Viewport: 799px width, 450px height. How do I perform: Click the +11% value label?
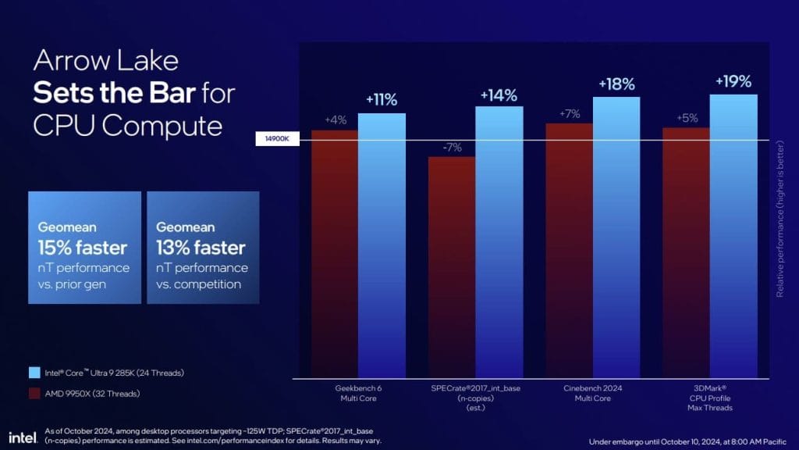tap(382, 100)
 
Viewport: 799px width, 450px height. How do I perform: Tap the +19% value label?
tap(733, 81)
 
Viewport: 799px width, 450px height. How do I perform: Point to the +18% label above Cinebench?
tap(616, 84)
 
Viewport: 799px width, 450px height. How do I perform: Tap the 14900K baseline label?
tap(278, 140)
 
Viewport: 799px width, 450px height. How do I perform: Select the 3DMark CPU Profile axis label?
tap(709, 398)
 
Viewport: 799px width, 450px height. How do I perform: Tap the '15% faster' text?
tap(82, 248)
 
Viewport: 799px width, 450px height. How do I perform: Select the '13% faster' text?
tap(201, 248)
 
